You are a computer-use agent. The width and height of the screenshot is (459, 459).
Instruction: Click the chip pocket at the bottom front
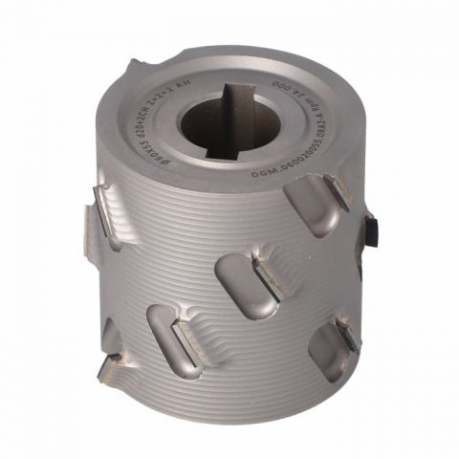[x=170, y=339]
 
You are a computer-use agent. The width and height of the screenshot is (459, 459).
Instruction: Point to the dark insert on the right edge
[x=371, y=228]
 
